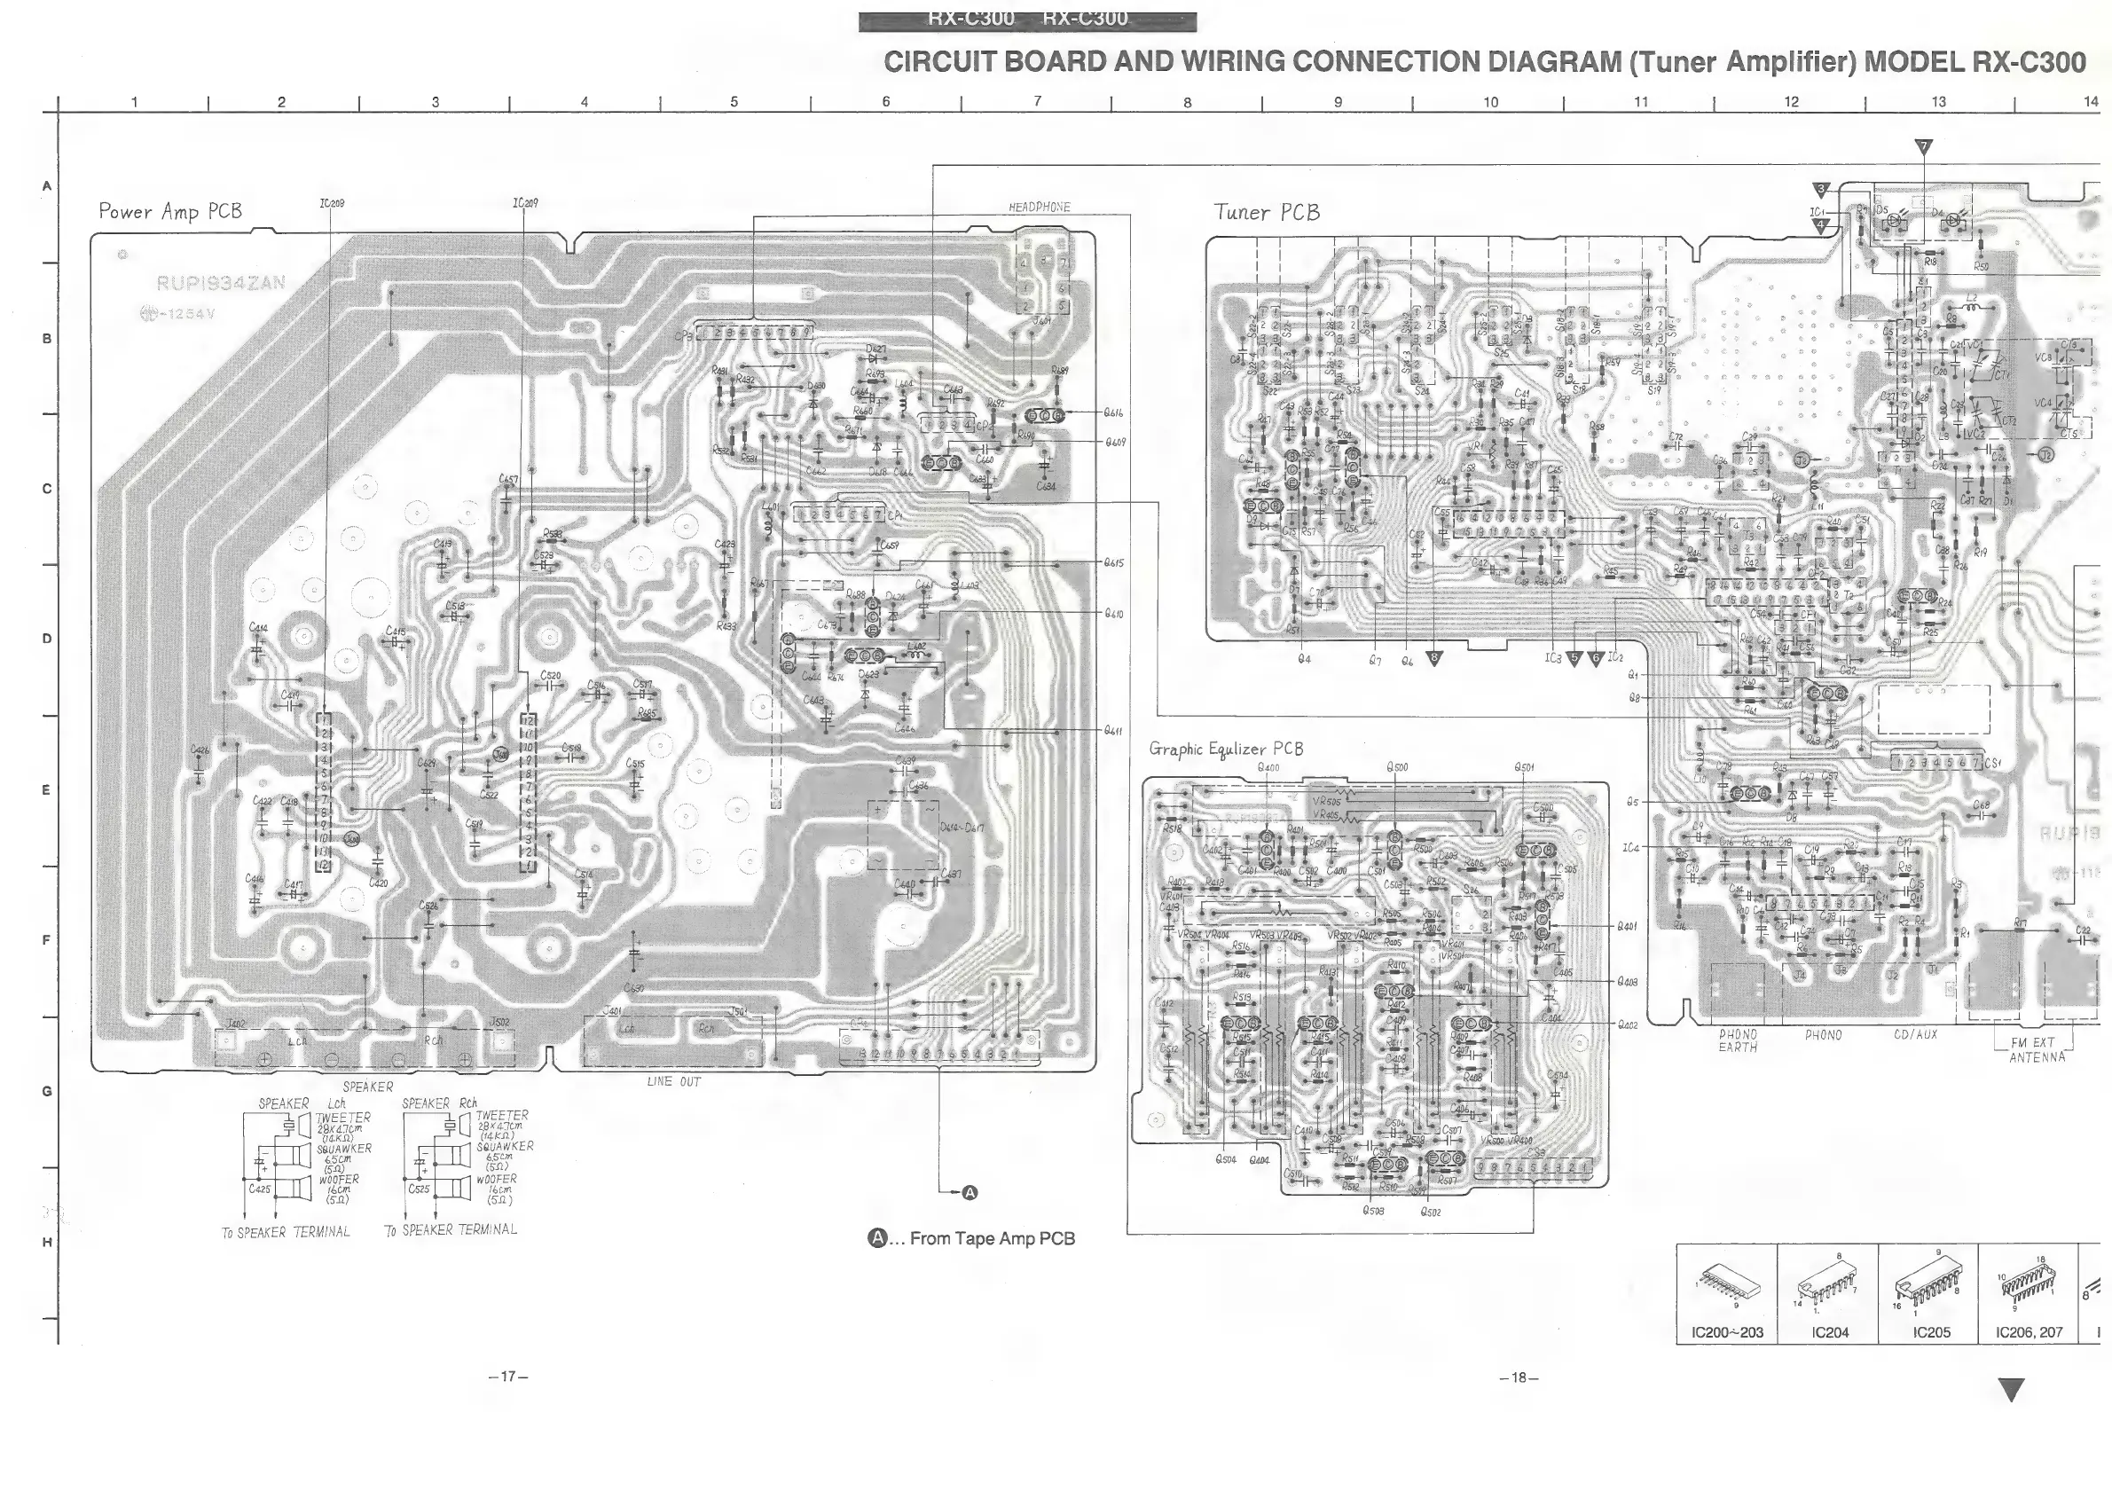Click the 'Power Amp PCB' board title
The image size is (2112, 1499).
coord(171,211)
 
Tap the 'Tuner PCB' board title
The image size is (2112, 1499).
coord(1268,212)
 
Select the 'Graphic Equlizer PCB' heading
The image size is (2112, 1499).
coord(1226,749)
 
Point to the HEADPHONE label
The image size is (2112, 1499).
coord(1039,207)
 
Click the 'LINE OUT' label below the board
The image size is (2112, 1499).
coord(674,1082)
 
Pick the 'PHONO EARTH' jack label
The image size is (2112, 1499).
coord(1739,1041)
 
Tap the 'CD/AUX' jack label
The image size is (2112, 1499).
coord(1915,1035)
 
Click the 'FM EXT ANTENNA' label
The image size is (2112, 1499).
coord(2037,1050)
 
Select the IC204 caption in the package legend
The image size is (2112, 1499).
coord(1830,1332)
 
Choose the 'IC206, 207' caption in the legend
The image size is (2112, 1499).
coord(2028,1332)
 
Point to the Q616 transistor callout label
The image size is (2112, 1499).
coord(1113,412)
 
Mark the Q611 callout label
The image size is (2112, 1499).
coord(1113,731)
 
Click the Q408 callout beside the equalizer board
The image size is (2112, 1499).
coord(1628,982)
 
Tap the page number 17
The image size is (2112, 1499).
coord(507,1377)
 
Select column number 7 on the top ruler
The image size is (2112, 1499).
coord(1038,101)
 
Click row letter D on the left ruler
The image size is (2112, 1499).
coord(47,639)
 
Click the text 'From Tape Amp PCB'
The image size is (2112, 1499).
coord(993,1239)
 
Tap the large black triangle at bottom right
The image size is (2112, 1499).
coord(2012,1390)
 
